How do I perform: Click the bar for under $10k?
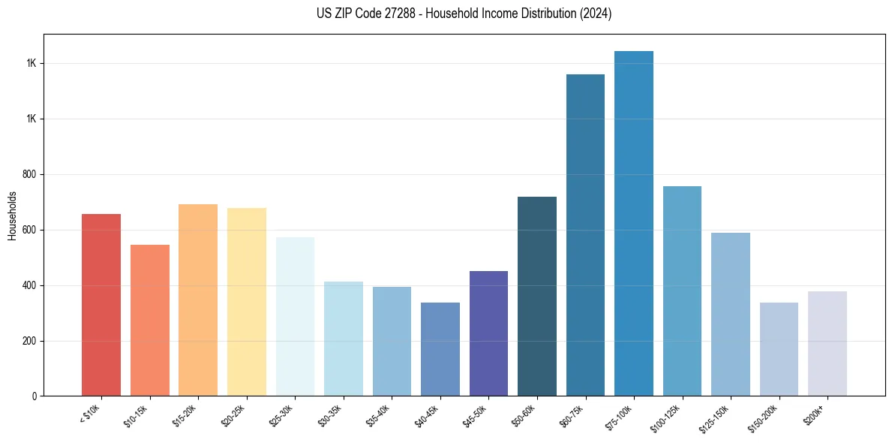click(101, 305)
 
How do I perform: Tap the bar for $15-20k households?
click(198, 300)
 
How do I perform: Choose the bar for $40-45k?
click(440, 349)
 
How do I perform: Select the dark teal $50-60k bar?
click(536, 297)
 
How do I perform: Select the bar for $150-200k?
click(779, 349)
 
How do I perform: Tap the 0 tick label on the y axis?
click(35, 396)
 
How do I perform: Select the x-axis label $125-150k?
click(724, 418)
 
